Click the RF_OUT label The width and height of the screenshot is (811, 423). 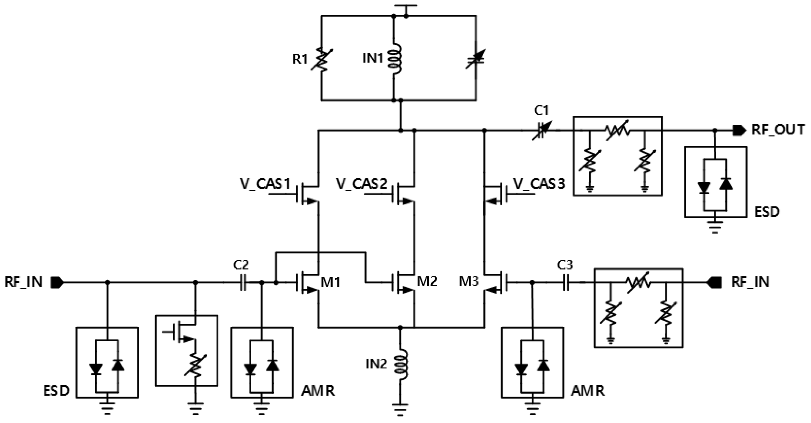778,130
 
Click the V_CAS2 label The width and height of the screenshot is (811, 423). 361,184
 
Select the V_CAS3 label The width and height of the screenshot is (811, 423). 539,184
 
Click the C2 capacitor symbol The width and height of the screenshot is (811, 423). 242,283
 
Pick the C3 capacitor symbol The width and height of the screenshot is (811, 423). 565,283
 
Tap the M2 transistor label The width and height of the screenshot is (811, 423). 427,281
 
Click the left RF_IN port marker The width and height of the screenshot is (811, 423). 57,283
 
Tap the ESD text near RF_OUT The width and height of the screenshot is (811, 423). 767,212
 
